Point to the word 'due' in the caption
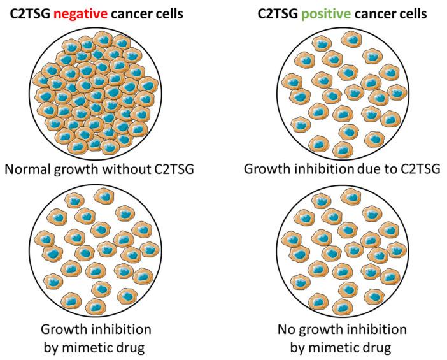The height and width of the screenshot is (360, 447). (366, 171)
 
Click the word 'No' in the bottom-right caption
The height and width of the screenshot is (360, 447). (285, 330)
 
